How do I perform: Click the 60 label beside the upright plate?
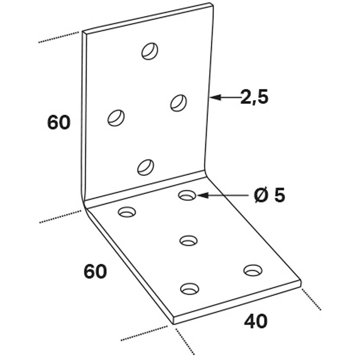tap(59, 122)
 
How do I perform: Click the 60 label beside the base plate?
tap(95, 271)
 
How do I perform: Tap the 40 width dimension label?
tap(256, 321)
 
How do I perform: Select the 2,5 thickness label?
tap(255, 97)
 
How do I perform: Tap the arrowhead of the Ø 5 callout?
tap(203, 195)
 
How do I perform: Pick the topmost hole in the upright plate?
tap(150, 51)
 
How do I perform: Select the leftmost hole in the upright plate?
tap(116, 118)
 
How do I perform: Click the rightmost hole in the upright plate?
tap(179, 102)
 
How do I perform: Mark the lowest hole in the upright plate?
tap(145, 167)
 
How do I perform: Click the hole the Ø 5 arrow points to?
tap(187, 195)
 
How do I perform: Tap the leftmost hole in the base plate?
tap(127, 212)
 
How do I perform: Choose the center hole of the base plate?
tap(189, 240)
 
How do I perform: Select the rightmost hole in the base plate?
tap(253, 270)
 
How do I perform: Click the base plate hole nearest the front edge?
tap(190, 289)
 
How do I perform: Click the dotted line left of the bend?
tap(60, 216)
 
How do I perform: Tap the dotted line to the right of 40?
tap(311, 300)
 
